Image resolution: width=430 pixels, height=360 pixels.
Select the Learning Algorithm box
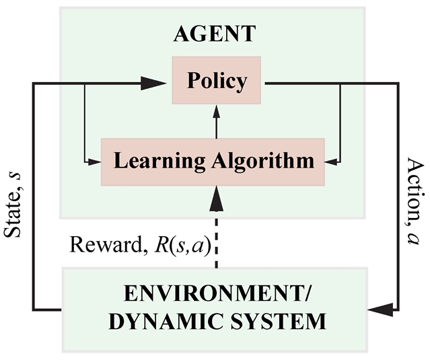[x=213, y=161]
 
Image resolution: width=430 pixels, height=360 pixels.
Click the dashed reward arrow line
[x=217, y=236]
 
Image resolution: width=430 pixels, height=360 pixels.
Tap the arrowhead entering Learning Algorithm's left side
[x=95, y=161]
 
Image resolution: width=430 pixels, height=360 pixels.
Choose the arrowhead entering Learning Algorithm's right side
[x=332, y=161]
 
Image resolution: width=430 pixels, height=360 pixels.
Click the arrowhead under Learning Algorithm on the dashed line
[x=217, y=196]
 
